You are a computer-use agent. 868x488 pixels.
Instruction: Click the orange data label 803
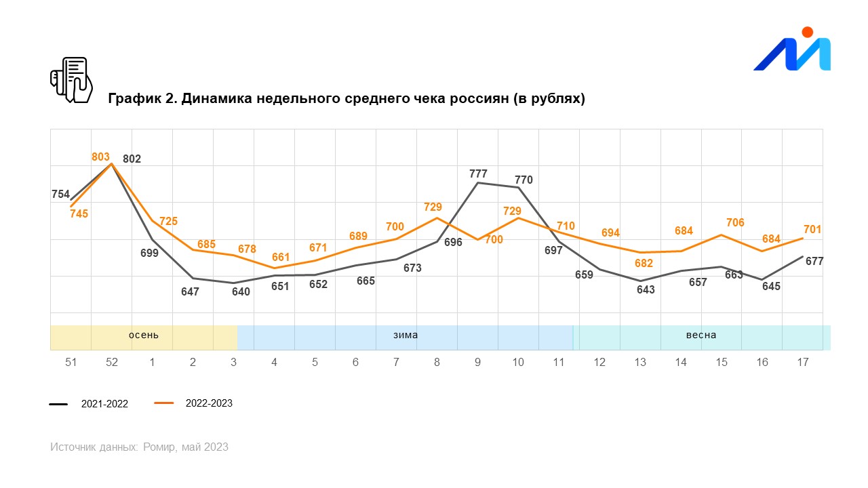point(100,157)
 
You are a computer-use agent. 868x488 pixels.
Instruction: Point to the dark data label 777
point(478,174)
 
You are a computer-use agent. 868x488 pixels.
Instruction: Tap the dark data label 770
point(524,180)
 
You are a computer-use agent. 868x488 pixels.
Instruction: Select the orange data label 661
point(281,258)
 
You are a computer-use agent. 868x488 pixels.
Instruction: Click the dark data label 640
point(241,292)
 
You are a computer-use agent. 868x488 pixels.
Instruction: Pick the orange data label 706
point(735,223)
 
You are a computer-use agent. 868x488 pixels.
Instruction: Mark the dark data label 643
point(646,290)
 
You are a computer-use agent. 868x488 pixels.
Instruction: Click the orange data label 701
point(812,230)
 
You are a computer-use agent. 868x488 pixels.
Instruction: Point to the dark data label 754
point(60,195)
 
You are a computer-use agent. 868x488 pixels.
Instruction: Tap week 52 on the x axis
point(112,363)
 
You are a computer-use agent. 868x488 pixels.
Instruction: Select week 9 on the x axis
point(477,363)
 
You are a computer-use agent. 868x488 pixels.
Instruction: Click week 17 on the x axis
point(803,363)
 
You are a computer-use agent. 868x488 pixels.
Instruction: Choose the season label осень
point(144,335)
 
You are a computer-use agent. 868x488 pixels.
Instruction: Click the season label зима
point(406,335)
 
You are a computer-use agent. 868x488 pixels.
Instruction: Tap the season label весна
point(701,335)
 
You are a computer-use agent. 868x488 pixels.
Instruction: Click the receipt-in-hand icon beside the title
point(71,80)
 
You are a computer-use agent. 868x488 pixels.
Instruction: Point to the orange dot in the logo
point(807,32)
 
